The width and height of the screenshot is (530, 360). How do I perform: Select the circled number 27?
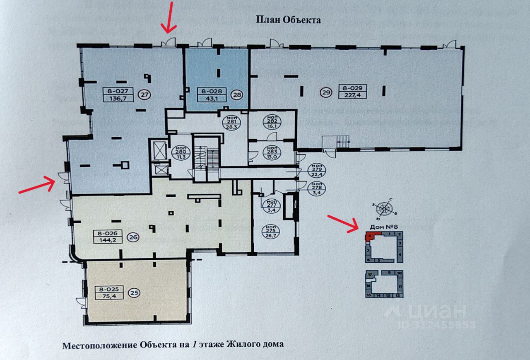[x=145, y=94]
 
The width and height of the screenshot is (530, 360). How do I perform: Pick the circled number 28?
[x=237, y=95]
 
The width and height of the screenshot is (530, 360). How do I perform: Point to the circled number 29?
[x=326, y=92]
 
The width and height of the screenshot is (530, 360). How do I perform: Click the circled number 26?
[x=134, y=237]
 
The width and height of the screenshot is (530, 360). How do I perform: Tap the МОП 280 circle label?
[x=180, y=152]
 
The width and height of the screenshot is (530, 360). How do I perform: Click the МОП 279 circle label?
[x=317, y=170]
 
